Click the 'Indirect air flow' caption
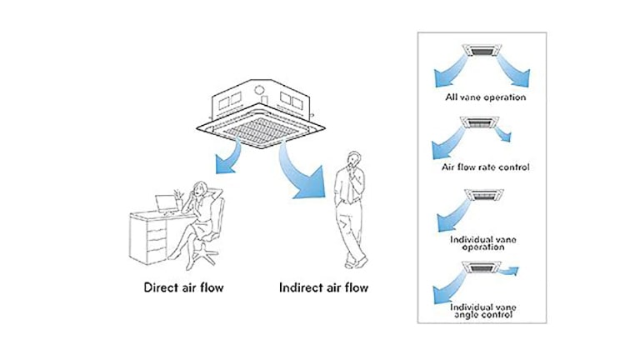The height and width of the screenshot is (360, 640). coord(322,289)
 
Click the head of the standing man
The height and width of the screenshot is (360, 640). coord(354,158)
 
